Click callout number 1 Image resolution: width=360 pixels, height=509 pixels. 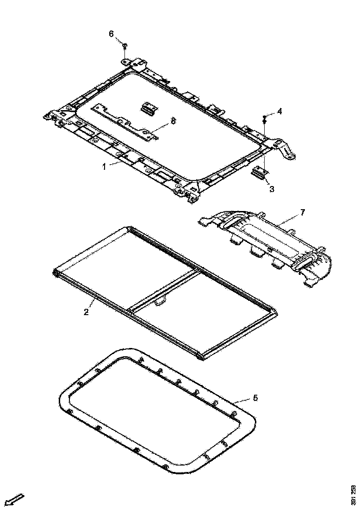tap(105, 166)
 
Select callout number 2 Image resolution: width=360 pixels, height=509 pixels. tap(86, 311)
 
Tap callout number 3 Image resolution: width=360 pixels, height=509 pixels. tap(272, 188)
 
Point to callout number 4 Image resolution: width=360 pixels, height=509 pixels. tap(279, 111)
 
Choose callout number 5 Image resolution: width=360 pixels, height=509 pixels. tap(255, 397)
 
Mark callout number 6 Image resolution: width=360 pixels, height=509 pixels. tap(111, 34)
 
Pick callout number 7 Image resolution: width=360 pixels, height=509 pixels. tap(302, 212)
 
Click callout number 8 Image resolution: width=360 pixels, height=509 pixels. tap(173, 121)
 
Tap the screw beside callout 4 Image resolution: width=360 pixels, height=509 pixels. tap(264, 118)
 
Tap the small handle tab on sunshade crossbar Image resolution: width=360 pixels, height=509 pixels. tap(161, 302)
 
